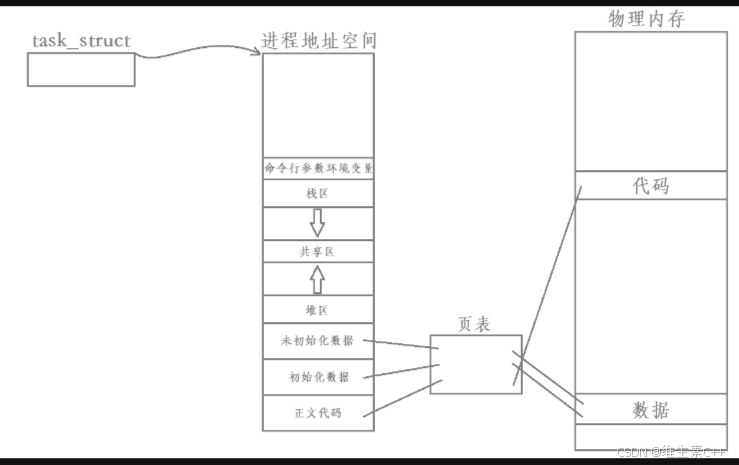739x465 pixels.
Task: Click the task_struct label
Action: pyautogui.click(x=81, y=41)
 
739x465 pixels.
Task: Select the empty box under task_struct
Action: pyautogui.click(x=81, y=69)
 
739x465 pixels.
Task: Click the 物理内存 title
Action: pyautogui.click(x=646, y=19)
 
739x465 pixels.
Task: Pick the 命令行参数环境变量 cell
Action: pyautogui.click(x=319, y=168)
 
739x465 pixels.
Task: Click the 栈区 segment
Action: pyautogui.click(x=318, y=193)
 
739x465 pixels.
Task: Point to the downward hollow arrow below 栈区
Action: pyautogui.click(x=318, y=221)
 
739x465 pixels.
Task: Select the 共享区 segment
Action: pyautogui.click(x=318, y=252)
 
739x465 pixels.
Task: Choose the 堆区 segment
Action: pyautogui.click(x=318, y=310)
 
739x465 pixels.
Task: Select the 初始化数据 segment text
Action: pyautogui.click(x=318, y=377)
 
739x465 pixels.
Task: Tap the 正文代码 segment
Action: pyautogui.click(x=318, y=412)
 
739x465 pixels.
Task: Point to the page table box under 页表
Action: pyautogui.click(x=474, y=364)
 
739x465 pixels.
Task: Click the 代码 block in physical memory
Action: pyautogui.click(x=651, y=185)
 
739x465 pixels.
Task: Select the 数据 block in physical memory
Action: pyautogui.click(x=651, y=409)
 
